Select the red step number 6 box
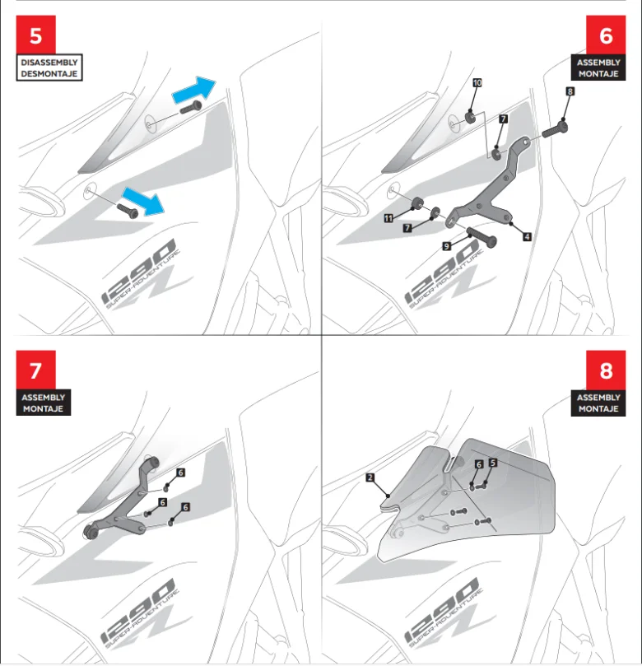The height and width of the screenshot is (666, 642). click(x=606, y=36)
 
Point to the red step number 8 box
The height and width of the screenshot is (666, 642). click(x=606, y=370)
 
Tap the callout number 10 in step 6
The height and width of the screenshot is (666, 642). click(x=477, y=83)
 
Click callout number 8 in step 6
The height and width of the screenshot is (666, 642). click(x=570, y=92)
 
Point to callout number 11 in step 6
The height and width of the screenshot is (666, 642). click(x=388, y=217)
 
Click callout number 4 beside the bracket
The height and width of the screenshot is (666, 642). click(x=526, y=235)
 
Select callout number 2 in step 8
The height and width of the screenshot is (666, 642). click(x=370, y=477)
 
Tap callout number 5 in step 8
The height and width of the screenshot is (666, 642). click(x=492, y=463)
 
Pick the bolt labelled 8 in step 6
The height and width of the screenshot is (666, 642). click(x=554, y=128)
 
